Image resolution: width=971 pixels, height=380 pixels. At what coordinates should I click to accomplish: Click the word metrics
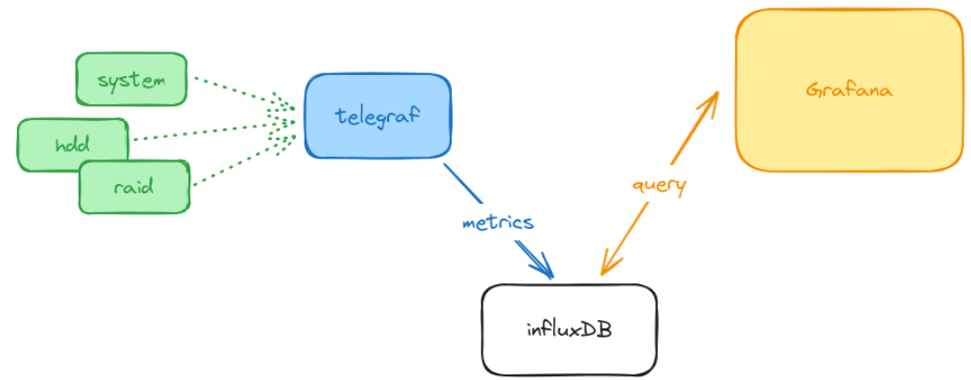pyautogui.click(x=498, y=222)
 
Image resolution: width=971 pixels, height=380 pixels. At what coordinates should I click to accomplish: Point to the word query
pyautogui.click(x=659, y=184)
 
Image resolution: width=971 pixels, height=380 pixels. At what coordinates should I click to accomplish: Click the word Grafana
pyautogui.click(x=849, y=91)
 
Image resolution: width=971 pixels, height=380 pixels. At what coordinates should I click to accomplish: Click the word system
pyautogui.click(x=131, y=80)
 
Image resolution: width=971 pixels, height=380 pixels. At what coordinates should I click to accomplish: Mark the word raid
pyautogui.click(x=134, y=187)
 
